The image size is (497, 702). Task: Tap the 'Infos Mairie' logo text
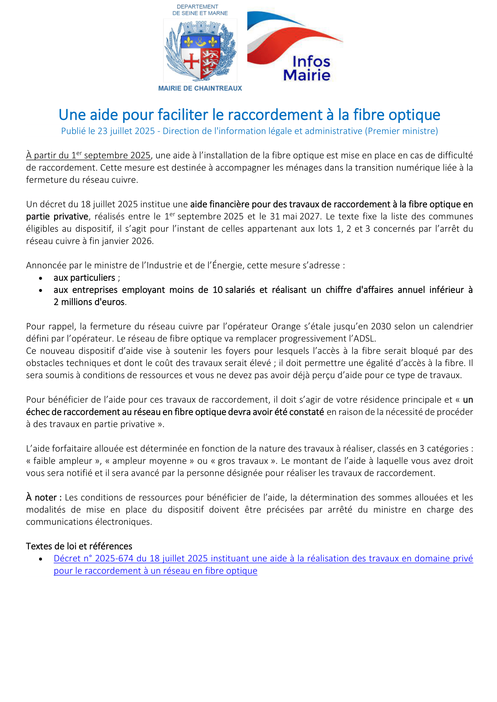pyautogui.click(x=307, y=68)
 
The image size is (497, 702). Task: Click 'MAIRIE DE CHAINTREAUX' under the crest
pyautogui.click(x=200, y=88)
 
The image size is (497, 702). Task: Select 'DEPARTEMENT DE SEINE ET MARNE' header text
pyautogui.click(x=200, y=10)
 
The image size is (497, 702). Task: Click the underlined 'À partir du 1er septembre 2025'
pyautogui.click(x=88, y=155)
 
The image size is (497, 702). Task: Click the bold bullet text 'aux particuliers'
pyautogui.click(x=84, y=278)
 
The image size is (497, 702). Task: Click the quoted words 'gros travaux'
pyautogui.click(x=243, y=461)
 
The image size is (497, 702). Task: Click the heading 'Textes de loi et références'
pyautogui.click(x=79, y=546)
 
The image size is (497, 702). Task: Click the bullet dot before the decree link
pyautogui.click(x=41, y=559)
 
